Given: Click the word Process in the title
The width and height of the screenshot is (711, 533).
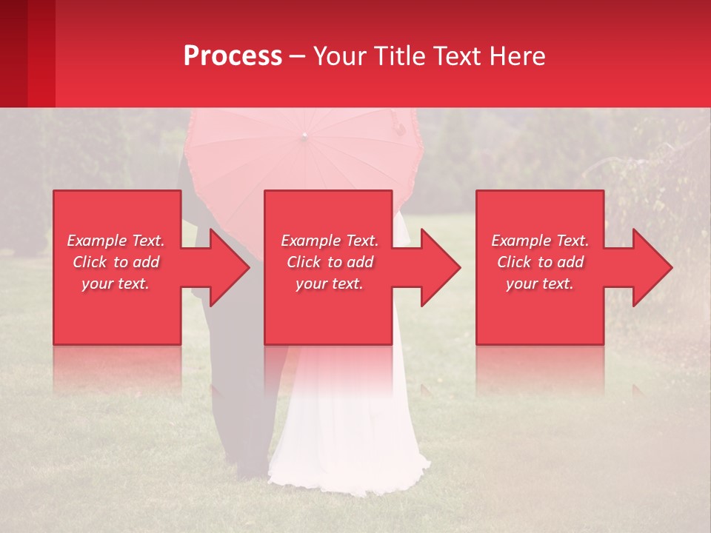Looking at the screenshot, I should pyautogui.click(x=233, y=56).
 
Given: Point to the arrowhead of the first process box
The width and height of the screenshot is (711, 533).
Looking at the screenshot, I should pyautogui.click(x=230, y=267).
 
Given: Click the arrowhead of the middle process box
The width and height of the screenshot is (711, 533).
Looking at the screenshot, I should pyautogui.click(x=441, y=267).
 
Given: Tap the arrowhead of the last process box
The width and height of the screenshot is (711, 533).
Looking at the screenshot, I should pyautogui.click(x=652, y=267).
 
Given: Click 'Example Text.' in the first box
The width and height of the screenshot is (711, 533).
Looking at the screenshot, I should pyautogui.click(x=116, y=241).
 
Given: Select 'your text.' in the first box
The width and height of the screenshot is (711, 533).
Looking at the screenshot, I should pyautogui.click(x=116, y=284).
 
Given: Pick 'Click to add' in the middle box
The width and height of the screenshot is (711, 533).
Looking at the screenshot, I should pyautogui.click(x=330, y=262).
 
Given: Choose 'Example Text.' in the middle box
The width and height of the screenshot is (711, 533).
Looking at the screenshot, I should pyautogui.click(x=330, y=241).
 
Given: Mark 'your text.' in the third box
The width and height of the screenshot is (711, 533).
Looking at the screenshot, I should pyautogui.click(x=540, y=284).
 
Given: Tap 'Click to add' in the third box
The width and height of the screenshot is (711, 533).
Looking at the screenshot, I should pyautogui.click(x=540, y=262).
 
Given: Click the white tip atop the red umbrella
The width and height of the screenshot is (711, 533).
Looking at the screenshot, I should pyautogui.click(x=304, y=135).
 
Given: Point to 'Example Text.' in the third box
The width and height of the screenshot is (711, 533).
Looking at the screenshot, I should pyautogui.click(x=540, y=241).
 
